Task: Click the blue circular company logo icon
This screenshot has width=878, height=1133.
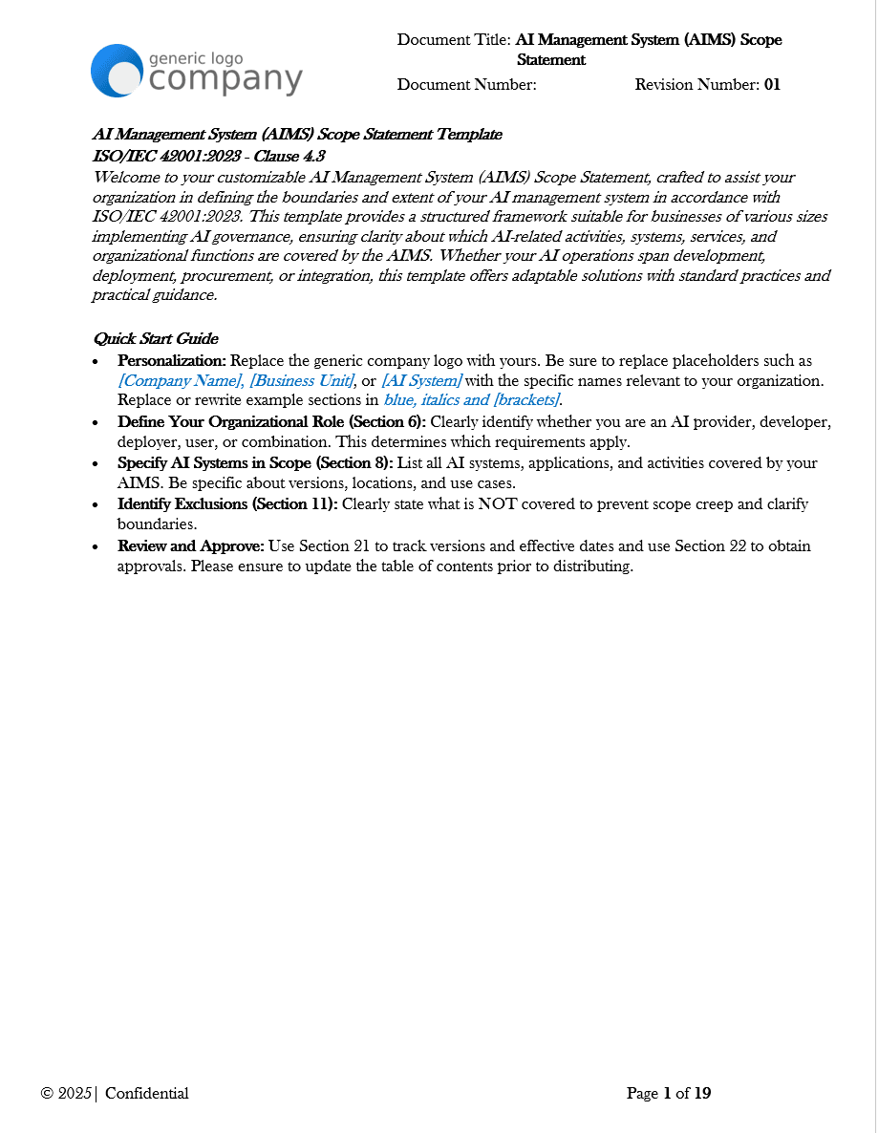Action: click(118, 71)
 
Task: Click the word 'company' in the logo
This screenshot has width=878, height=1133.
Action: click(226, 80)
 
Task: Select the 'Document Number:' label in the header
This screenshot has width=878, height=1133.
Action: click(467, 84)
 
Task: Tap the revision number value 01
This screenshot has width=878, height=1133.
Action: click(772, 84)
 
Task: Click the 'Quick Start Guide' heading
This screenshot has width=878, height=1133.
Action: click(155, 338)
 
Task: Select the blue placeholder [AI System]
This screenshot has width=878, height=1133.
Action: click(421, 380)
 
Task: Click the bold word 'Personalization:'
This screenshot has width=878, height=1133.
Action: click(172, 361)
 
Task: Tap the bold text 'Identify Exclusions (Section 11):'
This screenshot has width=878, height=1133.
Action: click(227, 503)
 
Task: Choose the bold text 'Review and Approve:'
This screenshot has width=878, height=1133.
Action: click(190, 545)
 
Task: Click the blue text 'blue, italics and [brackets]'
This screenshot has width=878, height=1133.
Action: click(472, 399)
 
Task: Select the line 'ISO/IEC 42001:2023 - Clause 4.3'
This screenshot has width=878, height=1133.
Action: click(209, 156)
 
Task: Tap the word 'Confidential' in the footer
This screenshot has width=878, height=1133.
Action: click(147, 1094)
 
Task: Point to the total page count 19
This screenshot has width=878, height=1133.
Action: click(702, 1094)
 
